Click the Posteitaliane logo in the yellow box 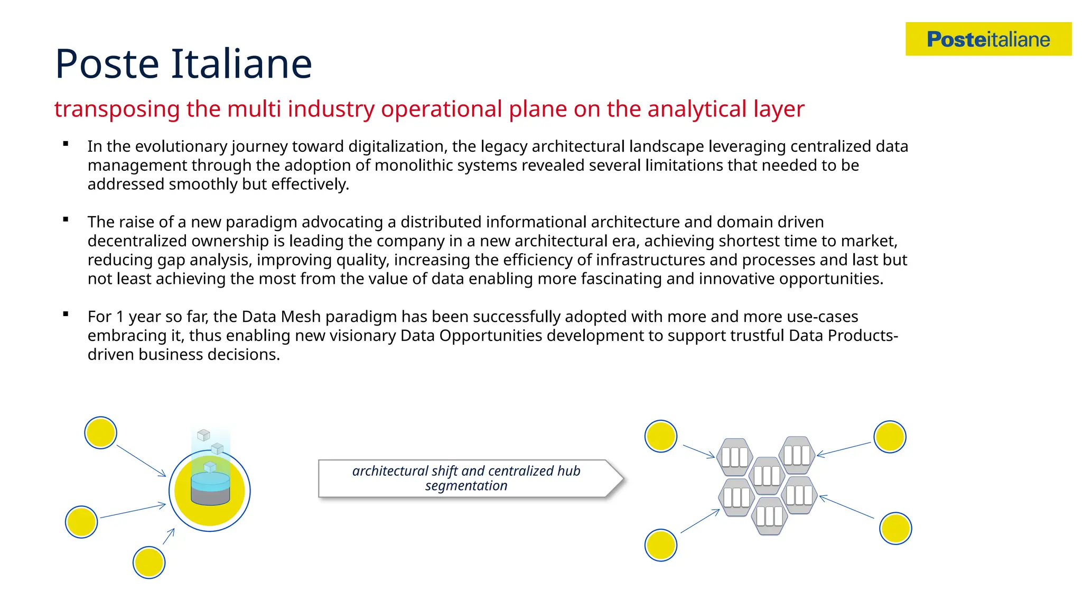pyautogui.click(x=988, y=39)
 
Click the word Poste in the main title pyautogui.click(x=107, y=64)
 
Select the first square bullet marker pyautogui.click(x=66, y=144)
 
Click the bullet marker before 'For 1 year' pyautogui.click(x=66, y=314)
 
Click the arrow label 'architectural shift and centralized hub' pyautogui.click(x=466, y=470)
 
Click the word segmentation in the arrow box pyautogui.click(x=466, y=486)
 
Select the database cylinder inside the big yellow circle pyautogui.click(x=210, y=488)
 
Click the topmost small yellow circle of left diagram pyautogui.click(x=100, y=432)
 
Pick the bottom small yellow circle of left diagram pyautogui.click(x=149, y=562)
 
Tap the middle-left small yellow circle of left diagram pyautogui.click(x=81, y=522)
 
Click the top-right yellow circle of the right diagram pyautogui.click(x=890, y=437)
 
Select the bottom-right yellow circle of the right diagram pyautogui.click(x=896, y=528)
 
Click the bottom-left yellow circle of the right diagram pyautogui.click(x=660, y=545)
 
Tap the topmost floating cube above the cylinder pyautogui.click(x=203, y=435)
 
